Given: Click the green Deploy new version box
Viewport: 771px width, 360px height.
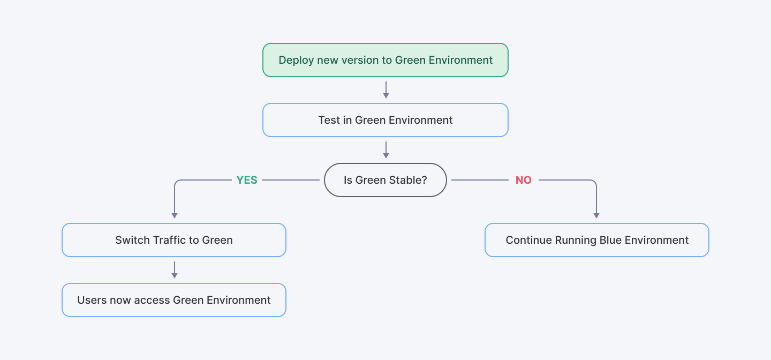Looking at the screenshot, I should (385, 60).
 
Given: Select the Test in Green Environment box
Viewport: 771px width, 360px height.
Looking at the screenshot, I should (385, 120).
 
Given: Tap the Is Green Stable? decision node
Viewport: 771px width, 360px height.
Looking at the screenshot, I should (385, 180).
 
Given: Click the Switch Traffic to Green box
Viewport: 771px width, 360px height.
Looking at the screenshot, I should (174, 240).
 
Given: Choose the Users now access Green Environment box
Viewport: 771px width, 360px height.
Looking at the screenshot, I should (174, 300).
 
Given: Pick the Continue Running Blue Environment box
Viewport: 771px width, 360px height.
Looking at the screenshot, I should (596, 240).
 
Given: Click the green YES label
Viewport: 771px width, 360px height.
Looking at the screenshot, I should (247, 180).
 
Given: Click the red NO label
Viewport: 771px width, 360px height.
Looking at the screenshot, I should (523, 180).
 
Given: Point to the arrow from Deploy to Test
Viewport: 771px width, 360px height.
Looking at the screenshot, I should (385, 89).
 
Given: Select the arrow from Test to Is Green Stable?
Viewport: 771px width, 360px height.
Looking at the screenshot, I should (385, 149).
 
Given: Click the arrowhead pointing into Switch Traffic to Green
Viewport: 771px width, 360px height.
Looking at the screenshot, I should (174, 215).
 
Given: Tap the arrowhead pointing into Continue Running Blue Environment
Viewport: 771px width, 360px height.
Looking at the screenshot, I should (596, 215).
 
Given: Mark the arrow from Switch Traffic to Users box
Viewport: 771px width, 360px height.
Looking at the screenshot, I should (174, 269).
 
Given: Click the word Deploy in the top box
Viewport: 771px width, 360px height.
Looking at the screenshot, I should (296, 60).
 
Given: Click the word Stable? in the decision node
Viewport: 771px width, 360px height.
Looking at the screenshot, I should (409, 180).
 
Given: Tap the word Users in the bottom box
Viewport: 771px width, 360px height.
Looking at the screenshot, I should (92, 300).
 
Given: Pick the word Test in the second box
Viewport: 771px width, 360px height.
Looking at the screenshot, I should (329, 120).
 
